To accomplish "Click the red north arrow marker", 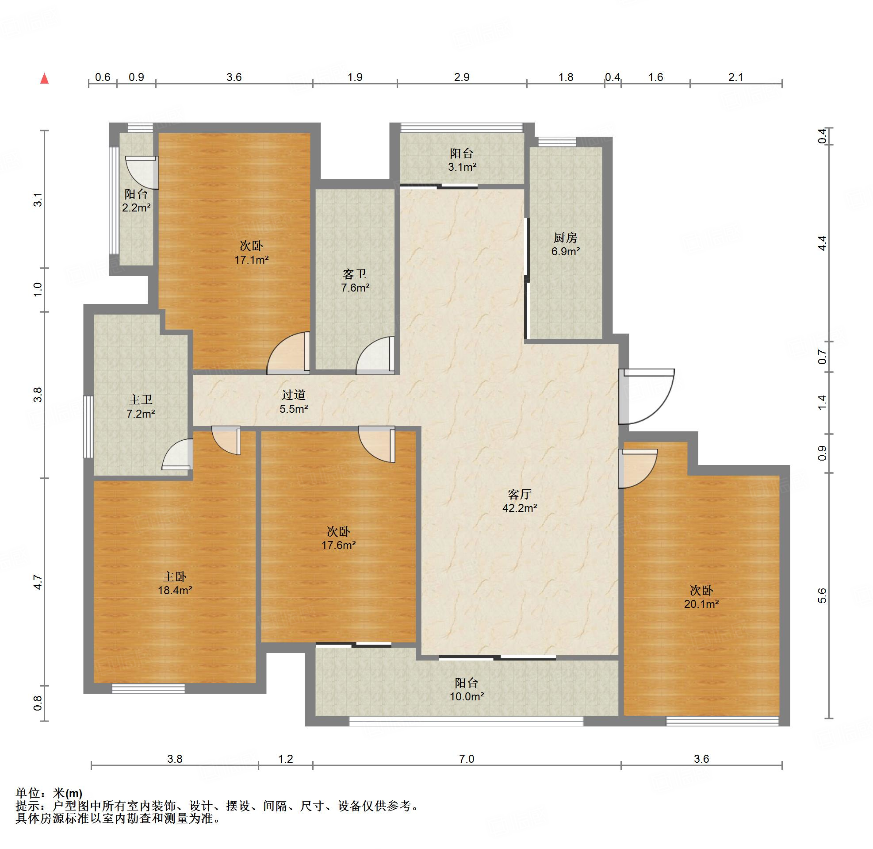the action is pyautogui.click(x=45, y=78).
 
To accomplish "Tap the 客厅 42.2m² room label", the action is pyautogui.click(x=520, y=501).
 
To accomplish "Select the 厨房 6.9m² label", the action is pyautogui.click(x=566, y=244).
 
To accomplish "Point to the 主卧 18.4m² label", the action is pyautogui.click(x=175, y=583).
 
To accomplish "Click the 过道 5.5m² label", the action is pyautogui.click(x=294, y=401).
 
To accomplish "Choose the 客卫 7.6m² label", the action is pyautogui.click(x=355, y=281).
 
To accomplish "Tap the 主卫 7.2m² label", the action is pyautogui.click(x=140, y=407).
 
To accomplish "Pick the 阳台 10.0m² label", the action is pyautogui.click(x=467, y=689).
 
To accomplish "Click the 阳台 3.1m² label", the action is pyautogui.click(x=462, y=160).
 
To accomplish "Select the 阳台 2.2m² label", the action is pyautogui.click(x=136, y=201).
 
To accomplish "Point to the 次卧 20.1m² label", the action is pyautogui.click(x=701, y=597).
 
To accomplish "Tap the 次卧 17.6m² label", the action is pyautogui.click(x=339, y=538).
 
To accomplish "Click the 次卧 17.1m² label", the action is pyautogui.click(x=252, y=252).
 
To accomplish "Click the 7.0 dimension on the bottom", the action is pyautogui.click(x=467, y=758).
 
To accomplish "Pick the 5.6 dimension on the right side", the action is pyautogui.click(x=822, y=595).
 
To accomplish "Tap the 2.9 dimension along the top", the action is pyautogui.click(x=462, y=77).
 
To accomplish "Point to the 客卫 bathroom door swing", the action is pyautogui.click(x=375, y=354).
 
